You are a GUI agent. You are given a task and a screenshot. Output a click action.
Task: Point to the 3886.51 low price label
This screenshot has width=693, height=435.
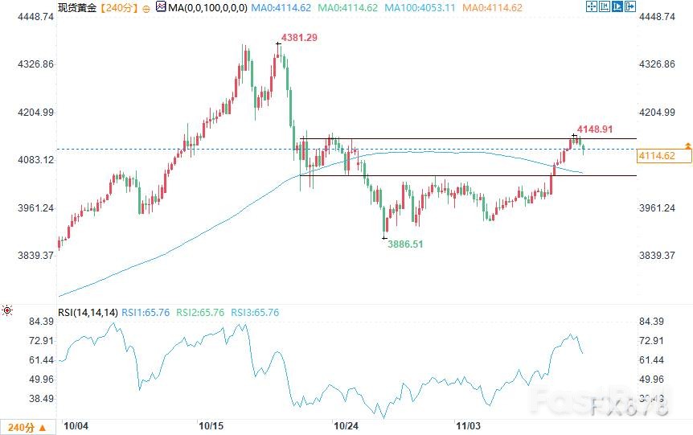tap(406, 244)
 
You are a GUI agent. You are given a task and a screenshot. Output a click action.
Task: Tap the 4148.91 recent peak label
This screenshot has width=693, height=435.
tap(596, 129)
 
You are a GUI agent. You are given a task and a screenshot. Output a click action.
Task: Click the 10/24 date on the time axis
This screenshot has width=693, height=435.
tap(346, 425)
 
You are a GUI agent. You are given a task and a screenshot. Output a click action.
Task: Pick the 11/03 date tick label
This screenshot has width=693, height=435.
tap(468, 425)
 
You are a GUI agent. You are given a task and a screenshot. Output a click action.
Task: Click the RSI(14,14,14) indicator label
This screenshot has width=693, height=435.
tap(88, 312)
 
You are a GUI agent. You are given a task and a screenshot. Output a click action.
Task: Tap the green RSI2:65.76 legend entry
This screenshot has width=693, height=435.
tap(200, 312)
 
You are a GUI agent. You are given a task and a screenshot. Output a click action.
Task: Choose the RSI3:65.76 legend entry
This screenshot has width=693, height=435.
tap(255, 312)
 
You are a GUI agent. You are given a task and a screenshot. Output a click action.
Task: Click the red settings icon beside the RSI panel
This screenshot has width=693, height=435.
tap(7, 310)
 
